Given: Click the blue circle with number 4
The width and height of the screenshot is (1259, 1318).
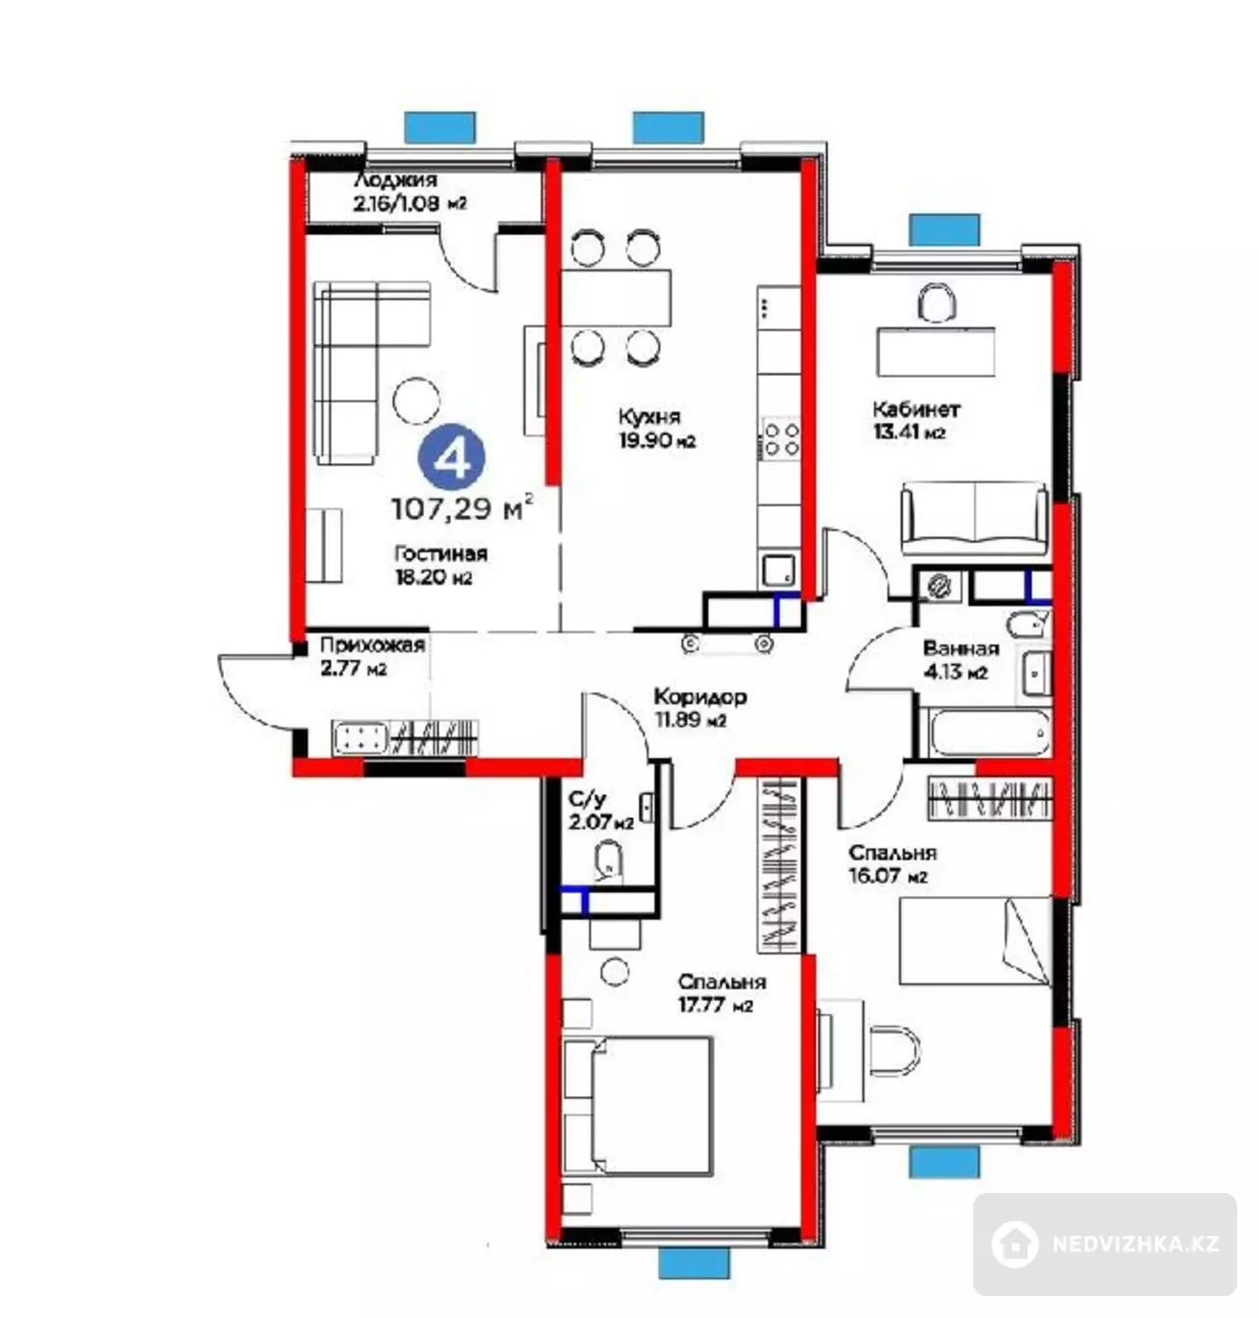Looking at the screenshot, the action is pos(451,457).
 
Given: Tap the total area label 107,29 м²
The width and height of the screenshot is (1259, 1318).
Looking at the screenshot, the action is pos(462,507).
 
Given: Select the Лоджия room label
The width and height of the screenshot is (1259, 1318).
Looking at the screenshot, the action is pos(395,181).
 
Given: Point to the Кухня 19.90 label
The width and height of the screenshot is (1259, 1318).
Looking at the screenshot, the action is pos(657,427).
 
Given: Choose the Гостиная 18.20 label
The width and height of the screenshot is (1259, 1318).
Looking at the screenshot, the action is pos(441,565).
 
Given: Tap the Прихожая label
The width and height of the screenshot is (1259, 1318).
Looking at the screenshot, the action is pos(372,646).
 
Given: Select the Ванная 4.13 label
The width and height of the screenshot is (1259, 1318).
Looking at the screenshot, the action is pos(961,660).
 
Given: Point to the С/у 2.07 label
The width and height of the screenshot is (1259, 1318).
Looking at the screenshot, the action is pos(600,811).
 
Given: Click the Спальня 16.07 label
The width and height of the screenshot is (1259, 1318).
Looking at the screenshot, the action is pos(893,864).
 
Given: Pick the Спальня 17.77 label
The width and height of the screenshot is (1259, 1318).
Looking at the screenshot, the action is pos(721,993).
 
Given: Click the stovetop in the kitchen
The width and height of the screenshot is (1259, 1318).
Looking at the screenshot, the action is pos(781,438).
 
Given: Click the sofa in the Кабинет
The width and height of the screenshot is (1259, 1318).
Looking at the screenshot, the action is pos(974,517).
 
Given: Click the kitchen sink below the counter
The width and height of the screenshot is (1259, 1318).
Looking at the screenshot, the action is pos(778,571).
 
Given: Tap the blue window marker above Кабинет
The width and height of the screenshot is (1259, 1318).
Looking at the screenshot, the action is pos(943,230).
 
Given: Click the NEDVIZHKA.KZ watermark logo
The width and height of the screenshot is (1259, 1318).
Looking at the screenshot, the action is pos(1105,1243).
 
